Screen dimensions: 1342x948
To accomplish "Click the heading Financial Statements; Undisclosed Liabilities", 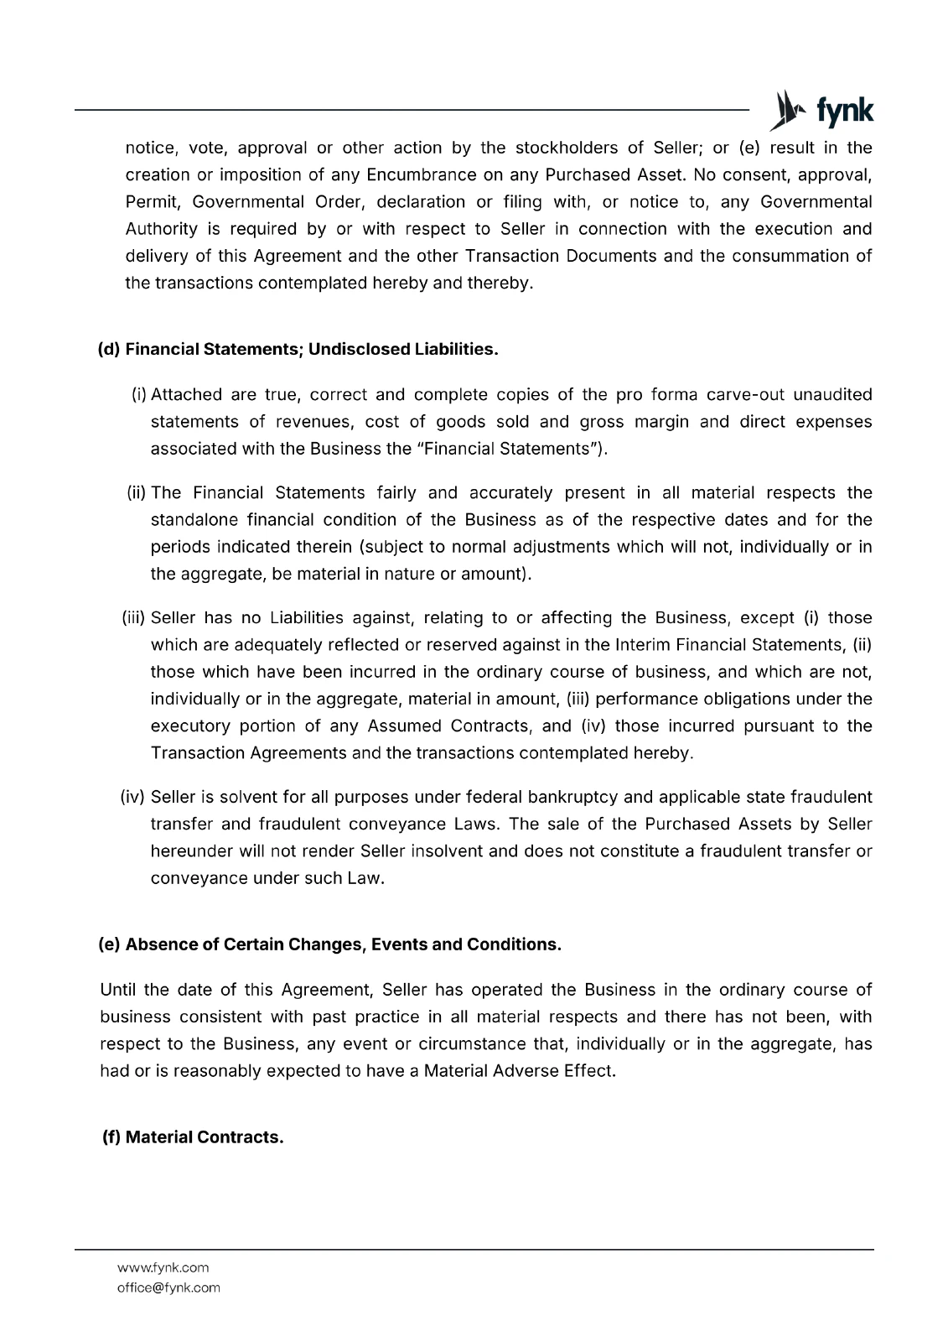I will pos(312,349).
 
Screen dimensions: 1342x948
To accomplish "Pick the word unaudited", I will pos(832,395).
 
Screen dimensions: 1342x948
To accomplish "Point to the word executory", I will pos(188,726).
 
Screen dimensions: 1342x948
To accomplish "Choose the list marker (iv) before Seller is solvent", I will pos(134,797).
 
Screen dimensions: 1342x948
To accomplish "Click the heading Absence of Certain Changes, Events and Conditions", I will pos(343,944).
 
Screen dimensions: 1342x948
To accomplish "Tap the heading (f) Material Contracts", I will pos(193,1137).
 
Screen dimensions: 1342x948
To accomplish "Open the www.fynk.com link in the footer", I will pos(163,1267).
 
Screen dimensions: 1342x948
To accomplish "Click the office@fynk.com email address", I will pos(168,1287).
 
